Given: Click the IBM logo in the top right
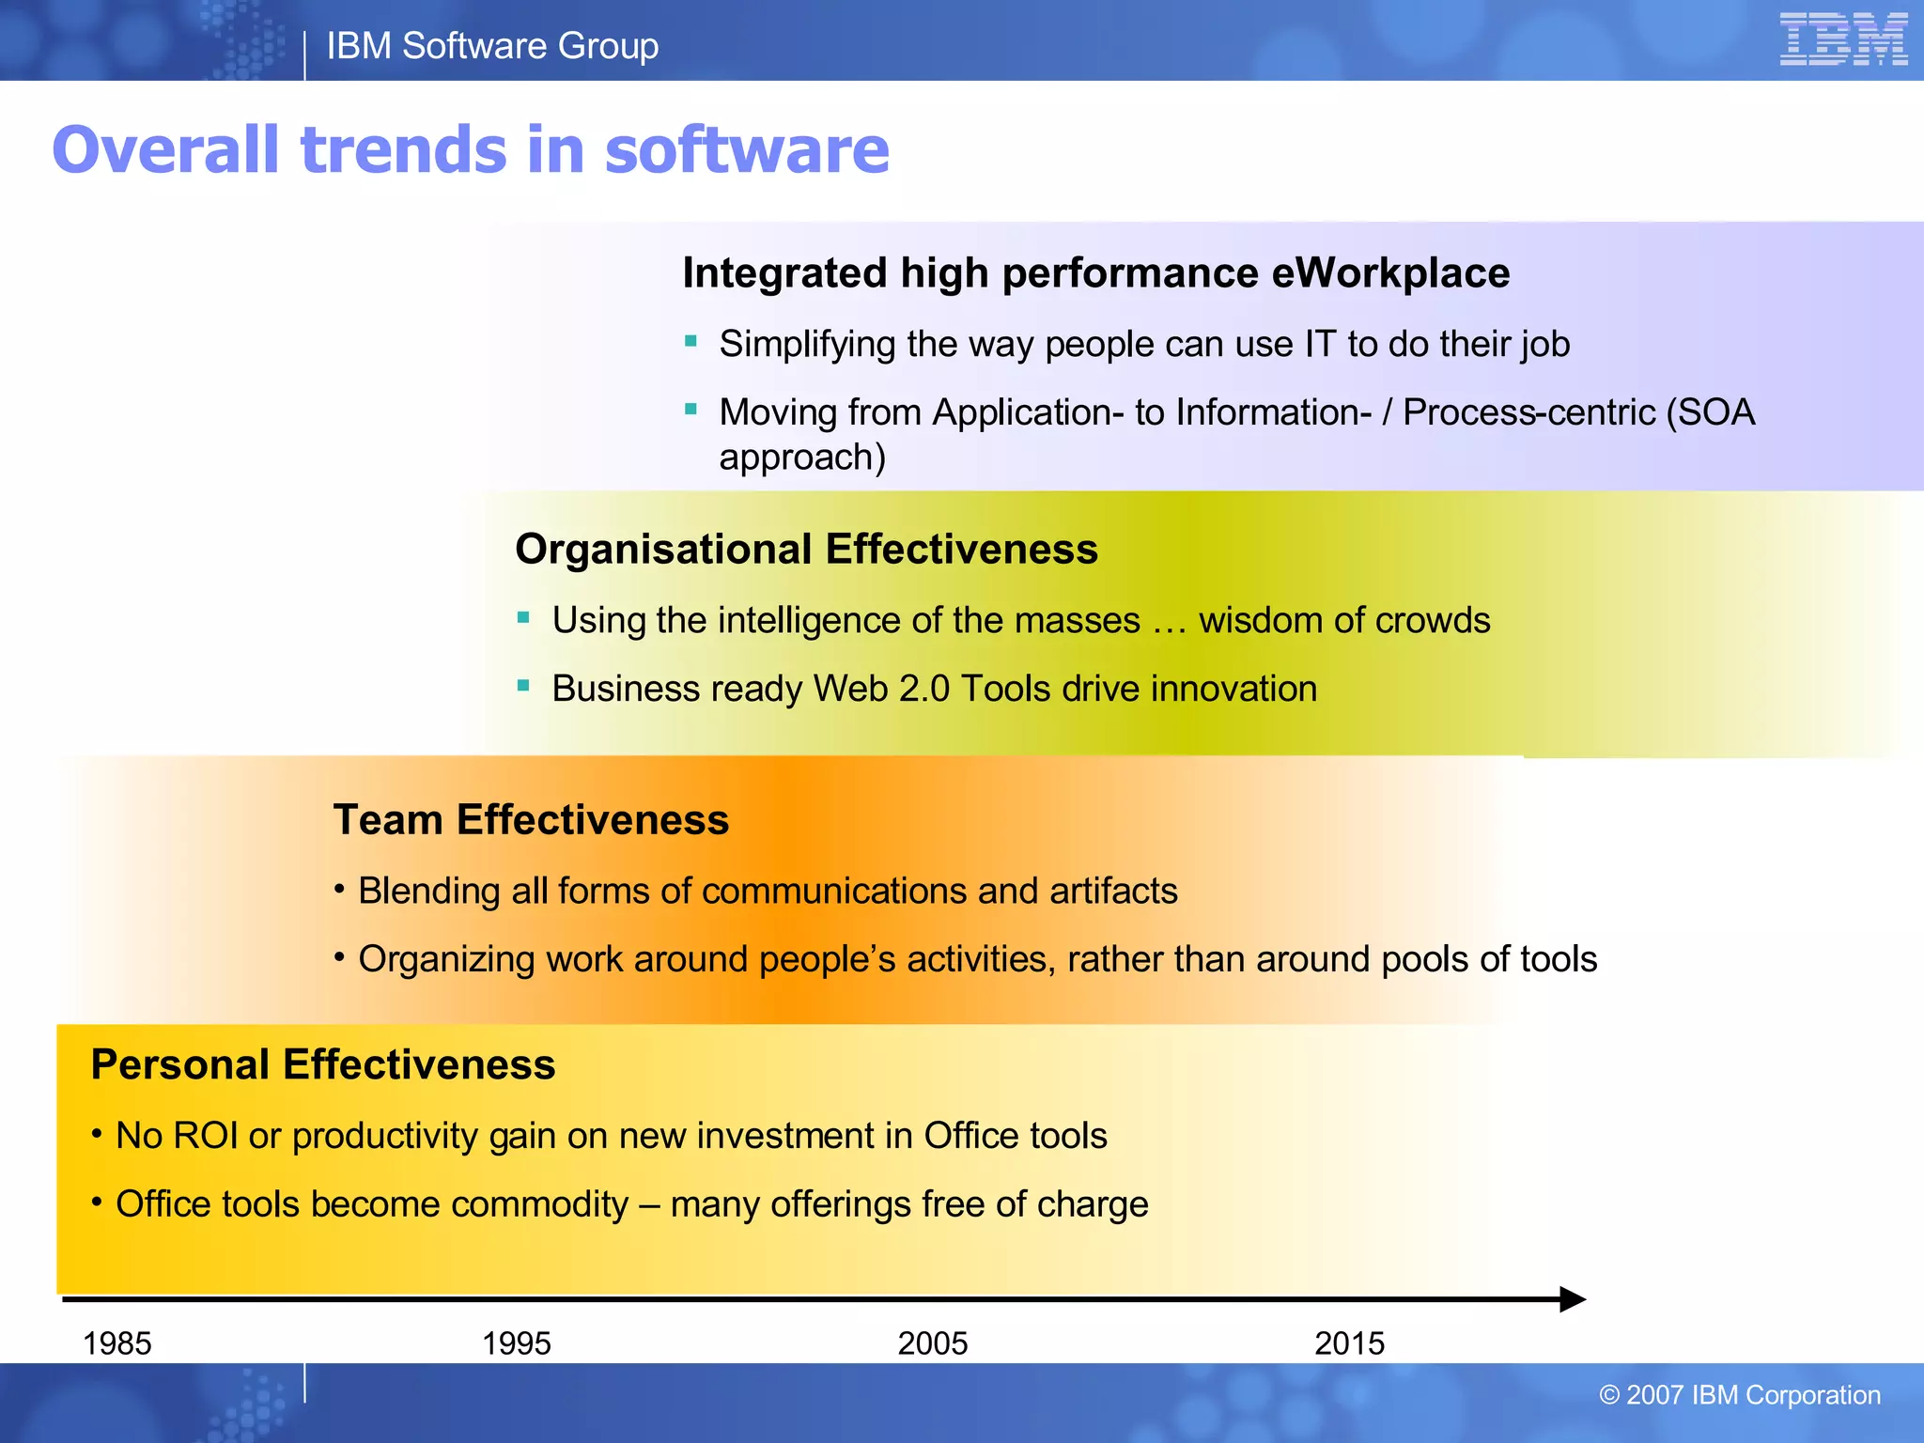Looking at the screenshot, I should pyautogui.click(x=1842, y=39).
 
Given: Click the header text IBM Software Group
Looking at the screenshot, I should pyautogui.click(x=492, y=46).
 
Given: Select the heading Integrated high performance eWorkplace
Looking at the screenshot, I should pyautogui.click(x=1095, y=273).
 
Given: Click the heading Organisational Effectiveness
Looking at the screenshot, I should pyautogui.click(x=806, y=550).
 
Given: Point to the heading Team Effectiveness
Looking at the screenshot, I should pyautogui.click(x=531, y=820).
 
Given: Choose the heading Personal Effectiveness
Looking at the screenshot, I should pyautogui.click(x=323, y=1065).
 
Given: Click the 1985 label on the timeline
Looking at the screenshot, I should pyautogui.click(x=117, y=1343).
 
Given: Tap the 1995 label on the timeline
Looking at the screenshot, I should pyautogui.click(x=516, y=1343).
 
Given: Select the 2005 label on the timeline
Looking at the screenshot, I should pyautogui.click(x=932, y=1343).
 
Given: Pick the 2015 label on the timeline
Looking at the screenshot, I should pyautogui.click(x=1349, y=1343).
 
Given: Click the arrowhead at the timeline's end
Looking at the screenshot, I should pyautogui.click(x=1573, y=1299).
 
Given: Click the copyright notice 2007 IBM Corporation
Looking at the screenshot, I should pyautogui.click(x=1740, y=1395).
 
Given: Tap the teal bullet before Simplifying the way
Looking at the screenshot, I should pyautogui.click(x=691, y=341).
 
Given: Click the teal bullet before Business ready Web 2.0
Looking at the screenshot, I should pyautogui.click(x=524, y=686).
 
